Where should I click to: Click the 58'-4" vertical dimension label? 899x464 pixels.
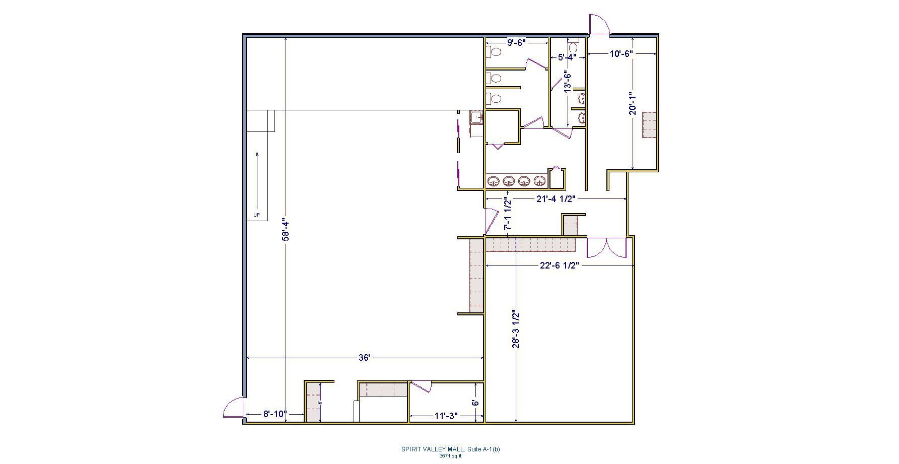coord(286,229)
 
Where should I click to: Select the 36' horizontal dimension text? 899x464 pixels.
coord(364,358)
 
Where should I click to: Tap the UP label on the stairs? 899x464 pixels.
coord(256,215)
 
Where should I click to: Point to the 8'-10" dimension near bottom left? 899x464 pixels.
coord(275,415)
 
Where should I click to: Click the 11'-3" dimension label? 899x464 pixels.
coord(446,416)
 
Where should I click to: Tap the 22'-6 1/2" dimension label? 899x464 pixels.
coord(559,266)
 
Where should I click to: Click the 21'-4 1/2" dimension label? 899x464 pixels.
coord(556,199)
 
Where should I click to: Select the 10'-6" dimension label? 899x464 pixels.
coord(621,53)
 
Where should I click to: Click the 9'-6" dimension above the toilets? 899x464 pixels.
coord(516,43)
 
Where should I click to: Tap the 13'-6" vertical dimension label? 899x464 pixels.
coord(568,82)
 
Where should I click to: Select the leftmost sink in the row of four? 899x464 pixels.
coord(494,181)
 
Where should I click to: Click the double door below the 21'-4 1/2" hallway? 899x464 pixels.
coord(606,247)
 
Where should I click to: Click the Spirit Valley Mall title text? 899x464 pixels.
coord(450,449)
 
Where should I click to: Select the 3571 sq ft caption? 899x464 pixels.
coord(450,456)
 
